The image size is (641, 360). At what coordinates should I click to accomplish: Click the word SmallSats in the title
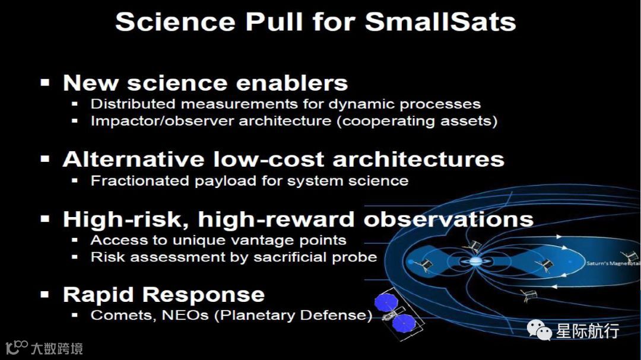(440, 21)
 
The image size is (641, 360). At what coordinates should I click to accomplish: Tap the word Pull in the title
(274, 21)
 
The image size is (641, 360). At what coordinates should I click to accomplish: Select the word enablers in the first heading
(292, 83)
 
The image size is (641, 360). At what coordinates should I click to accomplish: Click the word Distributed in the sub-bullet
(133, 104)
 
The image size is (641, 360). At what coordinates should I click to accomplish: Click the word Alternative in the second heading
(134, 159)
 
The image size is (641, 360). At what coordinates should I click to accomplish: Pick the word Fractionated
(139, 181)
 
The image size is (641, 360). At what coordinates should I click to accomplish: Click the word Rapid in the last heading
(98, 295)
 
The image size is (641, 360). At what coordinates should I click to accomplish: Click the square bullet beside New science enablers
(45, 83)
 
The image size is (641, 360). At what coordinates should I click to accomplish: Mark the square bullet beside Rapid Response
(45, 294)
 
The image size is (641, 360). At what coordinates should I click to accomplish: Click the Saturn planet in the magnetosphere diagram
(475, 262)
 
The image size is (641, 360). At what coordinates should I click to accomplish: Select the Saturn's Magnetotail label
(613, 263)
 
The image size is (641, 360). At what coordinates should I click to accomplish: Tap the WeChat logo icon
(539, 330)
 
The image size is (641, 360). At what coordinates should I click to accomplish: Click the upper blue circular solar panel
(386, 302)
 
